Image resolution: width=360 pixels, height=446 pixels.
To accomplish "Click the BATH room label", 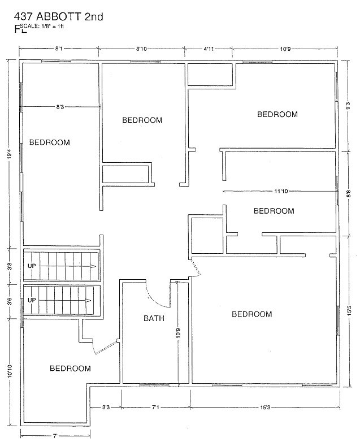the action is click(x=154, y=318).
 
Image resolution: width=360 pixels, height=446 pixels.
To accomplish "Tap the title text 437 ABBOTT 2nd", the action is click(x=59, y=17).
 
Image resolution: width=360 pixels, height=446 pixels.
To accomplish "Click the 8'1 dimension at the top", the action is click(x=59, y=49).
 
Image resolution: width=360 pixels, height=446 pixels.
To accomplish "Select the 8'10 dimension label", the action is click(x=141, y=49).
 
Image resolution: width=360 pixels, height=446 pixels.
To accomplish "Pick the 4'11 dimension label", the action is click(x=209, y=49).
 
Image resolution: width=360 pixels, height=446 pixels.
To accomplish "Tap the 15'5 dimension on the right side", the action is click(x=349, y=311).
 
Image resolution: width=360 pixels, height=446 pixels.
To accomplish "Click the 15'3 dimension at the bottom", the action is click(x=264, y=408).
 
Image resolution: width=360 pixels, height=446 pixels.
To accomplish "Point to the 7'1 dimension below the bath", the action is click(x=155, y=408).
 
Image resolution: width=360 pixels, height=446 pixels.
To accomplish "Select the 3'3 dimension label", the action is click(x=106, y=408).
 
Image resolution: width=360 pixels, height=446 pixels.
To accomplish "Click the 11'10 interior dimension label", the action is click(x=281, y=192).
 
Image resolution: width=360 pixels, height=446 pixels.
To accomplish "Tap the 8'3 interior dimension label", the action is click(x=60, y=107).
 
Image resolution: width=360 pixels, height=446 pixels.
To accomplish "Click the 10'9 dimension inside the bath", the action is click(x=178, y=334).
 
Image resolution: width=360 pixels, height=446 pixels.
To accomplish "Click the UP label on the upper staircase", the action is click(x=32, y=266).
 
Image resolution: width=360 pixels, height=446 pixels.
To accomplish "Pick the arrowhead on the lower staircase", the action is click(x=88, y=301).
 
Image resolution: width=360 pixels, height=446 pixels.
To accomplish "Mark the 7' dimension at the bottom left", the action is click(x=55, y=435).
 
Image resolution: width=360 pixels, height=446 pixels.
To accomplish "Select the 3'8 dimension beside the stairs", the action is click(x=10, y=266).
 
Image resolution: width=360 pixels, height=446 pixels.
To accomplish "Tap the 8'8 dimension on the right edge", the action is click(x=349, y=194).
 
